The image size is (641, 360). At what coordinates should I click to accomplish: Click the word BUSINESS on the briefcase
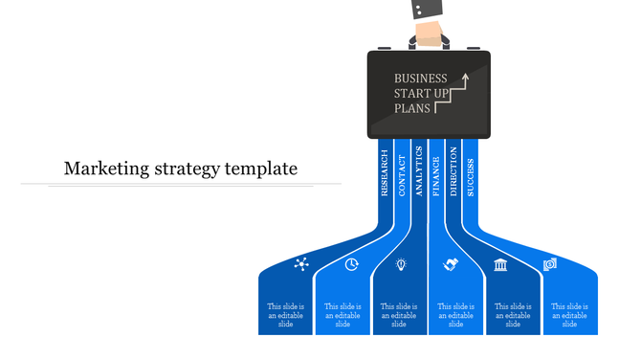point(420,79)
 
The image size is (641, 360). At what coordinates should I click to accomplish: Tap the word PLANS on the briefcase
point(412,108)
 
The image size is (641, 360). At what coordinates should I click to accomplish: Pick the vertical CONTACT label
point(402,172)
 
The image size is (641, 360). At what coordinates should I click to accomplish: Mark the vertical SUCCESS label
point(470,172)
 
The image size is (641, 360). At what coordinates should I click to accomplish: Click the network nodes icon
point(302,264)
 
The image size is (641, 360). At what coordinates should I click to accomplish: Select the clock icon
point(352,264)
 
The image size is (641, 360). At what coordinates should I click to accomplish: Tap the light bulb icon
point(401,264)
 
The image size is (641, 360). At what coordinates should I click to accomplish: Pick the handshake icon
point(451,264)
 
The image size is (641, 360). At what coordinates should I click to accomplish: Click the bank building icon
point(500,264)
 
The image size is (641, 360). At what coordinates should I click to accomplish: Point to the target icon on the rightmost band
point(550,264)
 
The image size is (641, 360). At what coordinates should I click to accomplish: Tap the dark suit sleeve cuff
point(428,9)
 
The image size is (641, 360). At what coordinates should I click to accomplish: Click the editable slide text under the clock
point(343,315)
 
